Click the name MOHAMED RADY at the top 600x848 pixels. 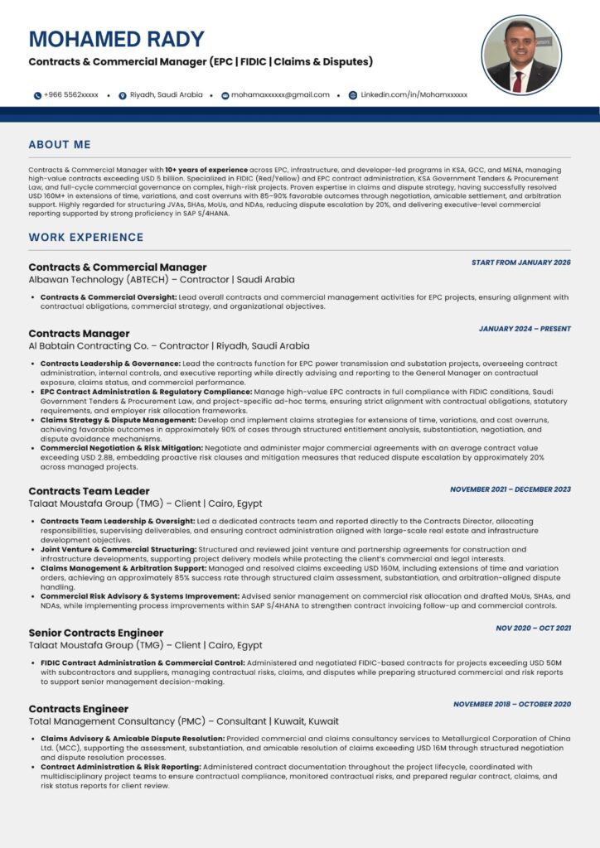coord(116,39)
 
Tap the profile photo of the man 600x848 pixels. coord(521,55)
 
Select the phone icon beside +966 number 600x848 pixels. coord(37,95)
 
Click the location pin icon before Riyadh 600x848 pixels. coord(123,95)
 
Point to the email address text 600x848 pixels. coord(280,95)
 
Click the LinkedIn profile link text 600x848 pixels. coord(414,95)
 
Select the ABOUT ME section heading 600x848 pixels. coord(60,145)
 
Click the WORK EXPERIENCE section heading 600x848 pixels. coord(86,238)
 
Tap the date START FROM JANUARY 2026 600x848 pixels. coord(521,263)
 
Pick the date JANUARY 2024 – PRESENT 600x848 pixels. coord(525,329)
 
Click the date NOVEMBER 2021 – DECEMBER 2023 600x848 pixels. coord(510,489)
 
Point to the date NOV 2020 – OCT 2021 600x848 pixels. coord(533,628)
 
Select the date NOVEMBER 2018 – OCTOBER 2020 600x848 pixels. coord(512,704)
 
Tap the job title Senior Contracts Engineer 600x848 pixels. coord(96,633)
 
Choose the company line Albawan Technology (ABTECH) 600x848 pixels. coord(162,280)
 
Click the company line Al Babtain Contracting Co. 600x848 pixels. coord(169,346)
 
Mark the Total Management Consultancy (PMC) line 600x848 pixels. coord(183,721)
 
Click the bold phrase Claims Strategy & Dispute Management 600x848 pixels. coord(118,420)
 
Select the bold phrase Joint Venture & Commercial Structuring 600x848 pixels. coord(118,549)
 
